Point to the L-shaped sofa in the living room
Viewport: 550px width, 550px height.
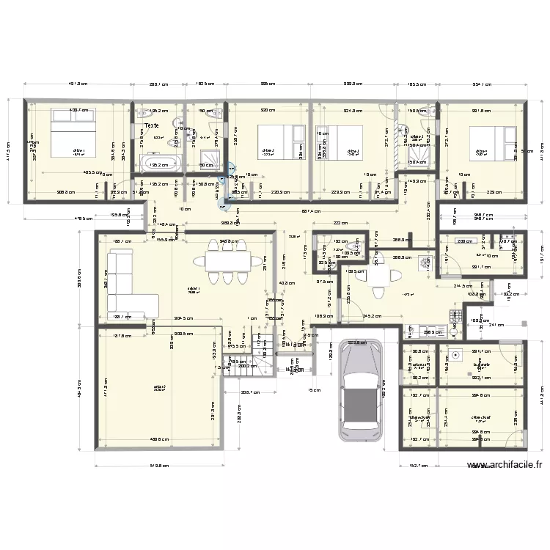(x=128, y=282)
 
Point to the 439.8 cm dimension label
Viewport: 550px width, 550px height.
(x=159, y=440)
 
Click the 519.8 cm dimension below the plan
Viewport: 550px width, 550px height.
(x=159, y=464)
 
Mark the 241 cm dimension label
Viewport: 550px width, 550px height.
(x=496, y=325)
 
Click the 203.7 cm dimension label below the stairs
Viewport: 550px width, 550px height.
(x=251, y=392)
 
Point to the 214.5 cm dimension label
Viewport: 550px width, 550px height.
(x=463, y=286)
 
